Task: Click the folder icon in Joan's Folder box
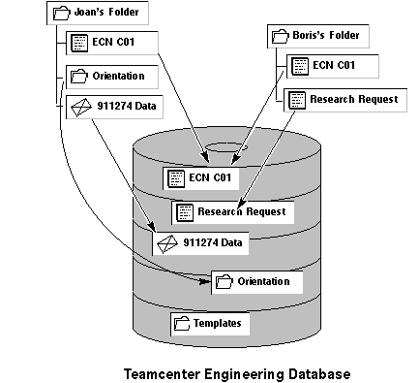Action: pos(61,14)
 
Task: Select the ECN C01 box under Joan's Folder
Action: pos(112,43)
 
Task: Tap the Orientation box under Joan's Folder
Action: pos(112,77)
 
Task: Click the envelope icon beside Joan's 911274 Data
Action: pos(79,107)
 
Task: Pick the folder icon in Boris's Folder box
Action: pos(280,36)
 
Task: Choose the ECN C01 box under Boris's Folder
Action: pos(333,66)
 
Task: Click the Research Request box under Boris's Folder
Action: pos(345,100)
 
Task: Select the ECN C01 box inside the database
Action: pos(201,178)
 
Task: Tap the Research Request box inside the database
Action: pos(233,212)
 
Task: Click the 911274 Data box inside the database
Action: pos(200,243)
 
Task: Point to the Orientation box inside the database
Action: pos(257,282)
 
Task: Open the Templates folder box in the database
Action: pos(210,324)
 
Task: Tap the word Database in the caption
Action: pos(319,374)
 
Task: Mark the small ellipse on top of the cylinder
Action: pos(226,147)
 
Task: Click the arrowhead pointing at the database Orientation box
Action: pos(204,282)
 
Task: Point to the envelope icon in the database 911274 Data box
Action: pos(167,244)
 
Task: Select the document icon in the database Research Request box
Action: pos(185,213)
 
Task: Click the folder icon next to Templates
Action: pos(182,324)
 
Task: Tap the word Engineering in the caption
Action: pos(244,375)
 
